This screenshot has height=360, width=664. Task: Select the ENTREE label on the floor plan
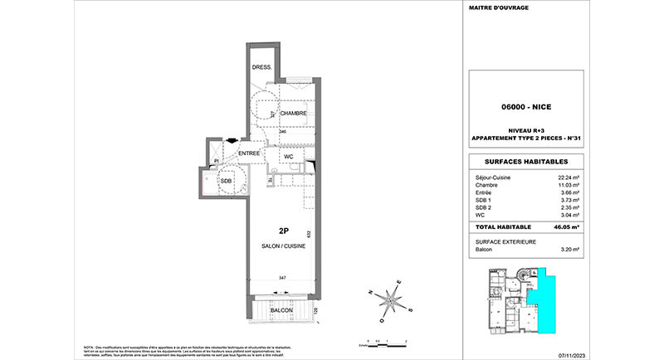(250, 153)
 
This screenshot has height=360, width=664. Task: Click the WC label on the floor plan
(289, 156)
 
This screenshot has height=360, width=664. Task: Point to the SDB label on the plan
(225, 181)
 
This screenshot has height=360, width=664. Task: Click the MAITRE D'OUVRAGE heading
(500, 8)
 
